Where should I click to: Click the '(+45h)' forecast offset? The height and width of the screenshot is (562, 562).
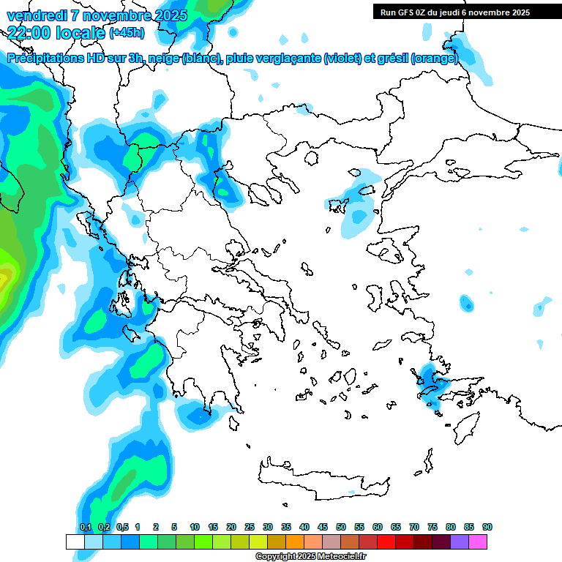(x=127, y=33)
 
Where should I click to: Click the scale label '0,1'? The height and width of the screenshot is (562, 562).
(x=85, y=528)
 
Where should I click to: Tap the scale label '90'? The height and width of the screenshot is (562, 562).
(x=487, y=528)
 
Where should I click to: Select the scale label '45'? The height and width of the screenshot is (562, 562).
(x=323, y=528)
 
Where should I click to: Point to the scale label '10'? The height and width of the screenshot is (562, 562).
(x=195, y=528)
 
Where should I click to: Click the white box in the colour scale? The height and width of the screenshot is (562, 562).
(x=75, y=542)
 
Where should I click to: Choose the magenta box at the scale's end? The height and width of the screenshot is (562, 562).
(x=478, y=542)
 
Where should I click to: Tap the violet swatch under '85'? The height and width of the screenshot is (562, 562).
(x=460, y=542)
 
